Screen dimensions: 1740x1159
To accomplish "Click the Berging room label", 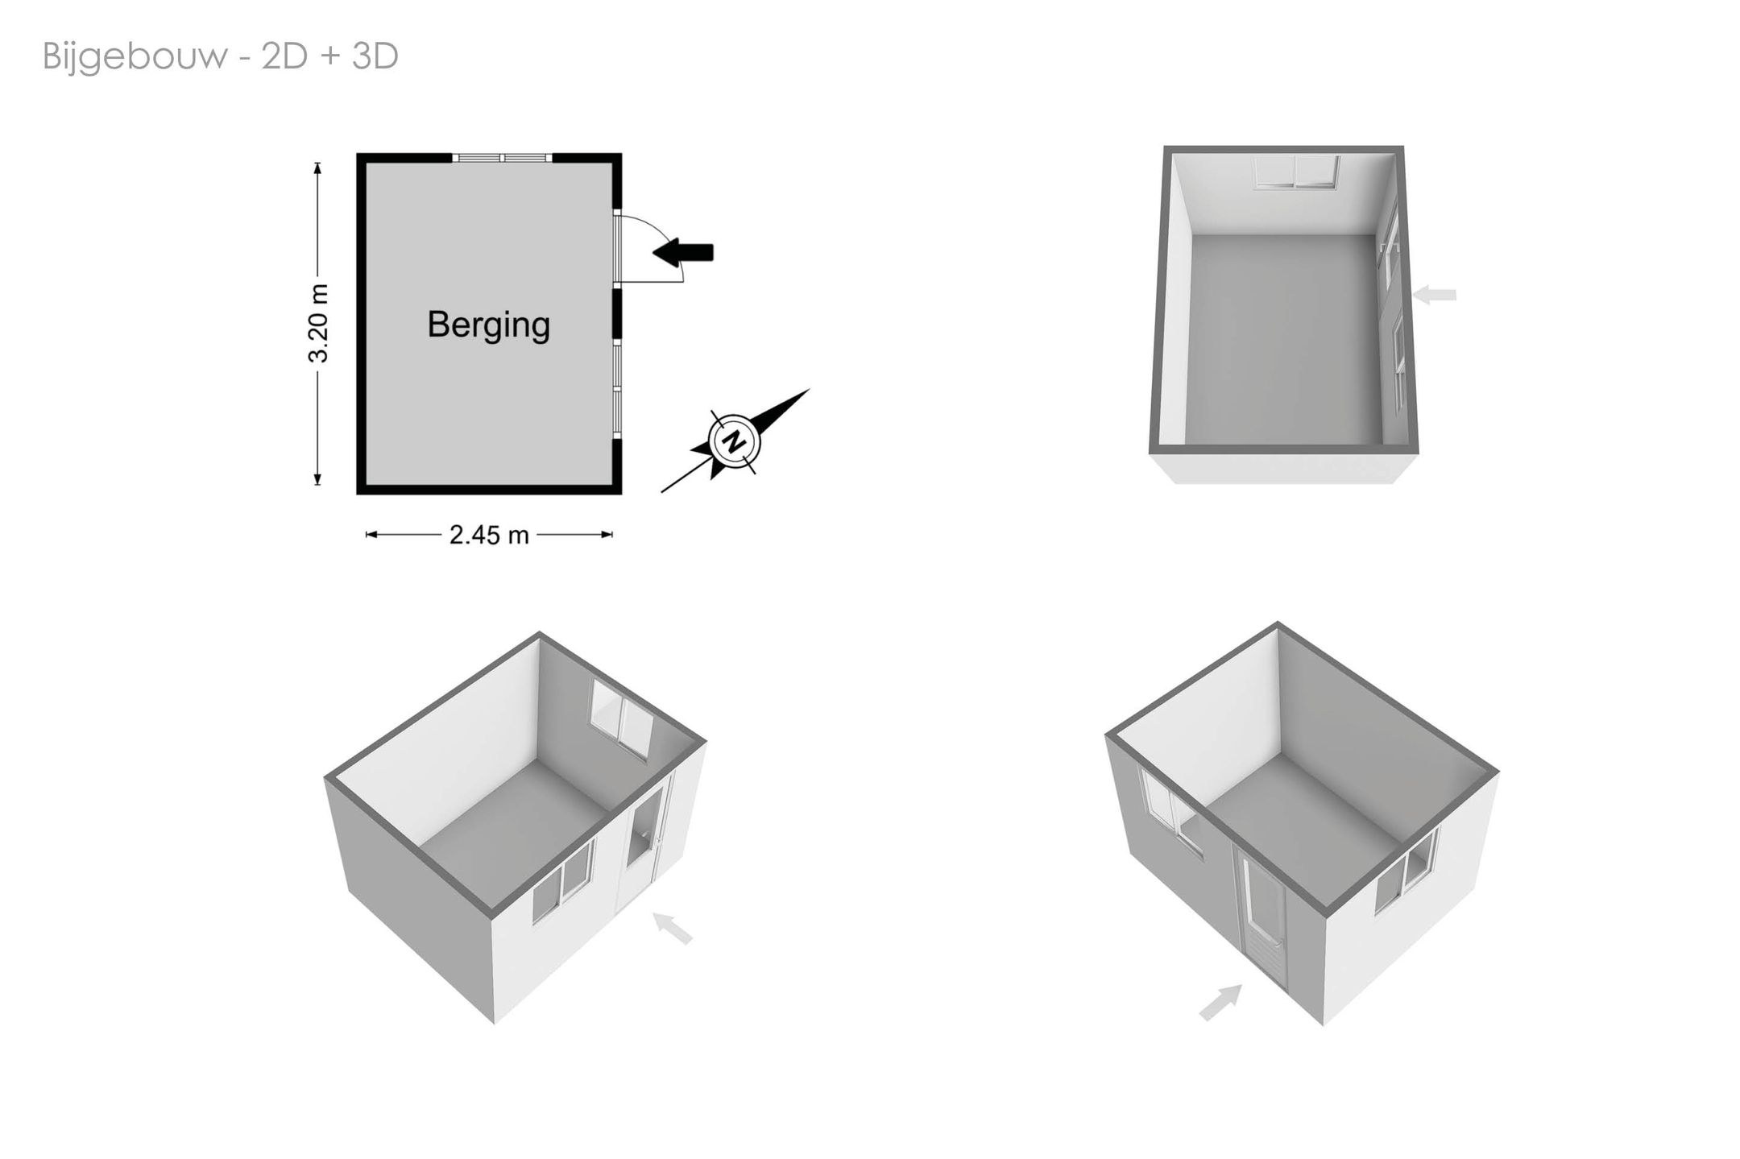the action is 488,325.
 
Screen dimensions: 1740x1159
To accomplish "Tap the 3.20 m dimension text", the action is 319,323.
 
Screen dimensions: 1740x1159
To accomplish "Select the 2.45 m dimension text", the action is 489,535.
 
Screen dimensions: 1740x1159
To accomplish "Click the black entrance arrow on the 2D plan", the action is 683,252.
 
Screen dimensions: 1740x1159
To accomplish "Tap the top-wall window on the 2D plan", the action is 502,158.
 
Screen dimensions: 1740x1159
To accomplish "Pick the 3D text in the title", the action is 375,56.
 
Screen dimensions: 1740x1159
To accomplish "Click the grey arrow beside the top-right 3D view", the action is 1435,295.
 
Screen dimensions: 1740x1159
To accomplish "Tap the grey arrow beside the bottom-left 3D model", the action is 672,928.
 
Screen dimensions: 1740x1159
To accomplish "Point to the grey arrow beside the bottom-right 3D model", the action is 1220,1003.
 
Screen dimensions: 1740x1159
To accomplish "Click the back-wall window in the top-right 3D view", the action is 1296,172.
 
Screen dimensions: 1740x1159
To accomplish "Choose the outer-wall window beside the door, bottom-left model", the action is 563,881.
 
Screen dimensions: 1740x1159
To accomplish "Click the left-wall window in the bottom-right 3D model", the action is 1170,808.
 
